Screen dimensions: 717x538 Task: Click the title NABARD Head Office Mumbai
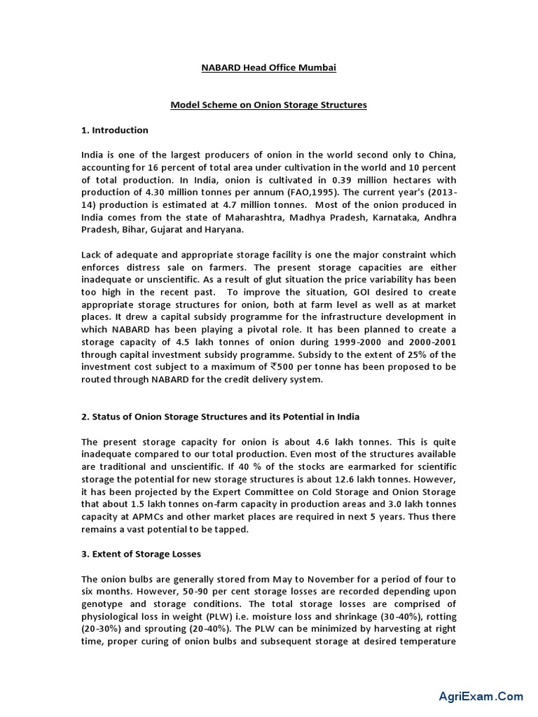pyautogui.click(x=268, y=67)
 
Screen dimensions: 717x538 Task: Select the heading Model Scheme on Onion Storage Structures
pyautogui.click(x=269, y=105)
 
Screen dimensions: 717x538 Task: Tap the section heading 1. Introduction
pyautogui.click(x=115, y=130)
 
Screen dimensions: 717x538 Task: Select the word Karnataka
pyautogui.click(x=373, y=217)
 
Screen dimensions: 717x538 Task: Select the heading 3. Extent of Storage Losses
pyautogui.click(x=141, y=554)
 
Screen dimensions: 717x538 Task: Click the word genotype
pyautogui.click(x=104, y=604)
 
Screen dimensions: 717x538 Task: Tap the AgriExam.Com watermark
pyautogui.click(x=481, y=697)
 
